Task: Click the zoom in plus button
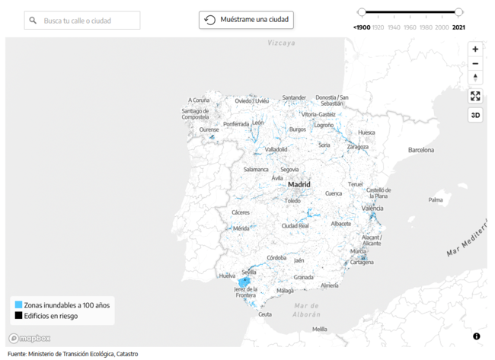pos(475,49)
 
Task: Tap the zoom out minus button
pos(475,64)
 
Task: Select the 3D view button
pos(475,116)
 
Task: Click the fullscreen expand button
pos(475,96)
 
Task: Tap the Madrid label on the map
pos(299,184)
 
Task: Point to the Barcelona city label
pos(420,150)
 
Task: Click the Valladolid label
pos(276,149)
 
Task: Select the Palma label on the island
pos(435,200)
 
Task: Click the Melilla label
pos(320,329)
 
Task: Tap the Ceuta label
pos(264,314)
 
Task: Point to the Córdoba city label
pos(276,258)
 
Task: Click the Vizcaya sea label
pos(281,43)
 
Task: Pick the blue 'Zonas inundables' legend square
pos(18,305)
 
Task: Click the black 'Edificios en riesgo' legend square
pos(18,316)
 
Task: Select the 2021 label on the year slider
pos(458,27)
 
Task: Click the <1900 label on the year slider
pos(362,27)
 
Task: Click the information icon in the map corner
pos(477,336)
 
